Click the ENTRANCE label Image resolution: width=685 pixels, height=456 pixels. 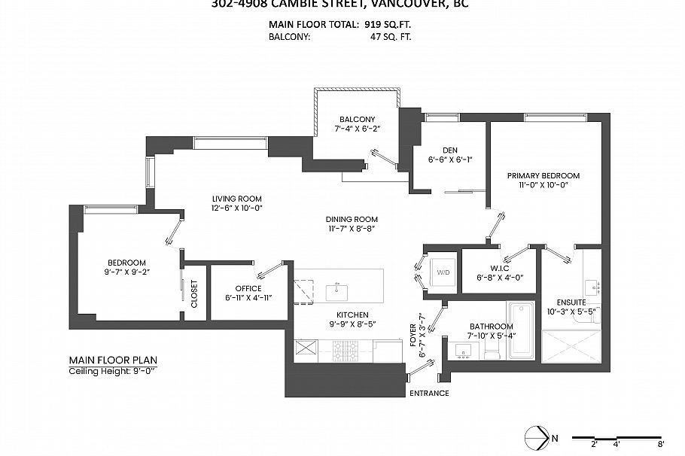(x=429, y=393)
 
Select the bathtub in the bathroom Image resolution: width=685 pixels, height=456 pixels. (x=521, y=330)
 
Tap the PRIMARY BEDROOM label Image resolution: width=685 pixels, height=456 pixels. (x=548, y=175)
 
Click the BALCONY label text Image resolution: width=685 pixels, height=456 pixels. (x=357, y=120)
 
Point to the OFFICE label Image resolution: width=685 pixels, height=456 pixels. (x=248, y=288)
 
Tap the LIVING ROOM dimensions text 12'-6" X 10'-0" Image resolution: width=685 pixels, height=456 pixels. (x=236, y=208)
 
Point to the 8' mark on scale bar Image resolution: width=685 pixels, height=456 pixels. (x=660, y=444)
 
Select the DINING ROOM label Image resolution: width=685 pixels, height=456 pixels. (x=352, y=219)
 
